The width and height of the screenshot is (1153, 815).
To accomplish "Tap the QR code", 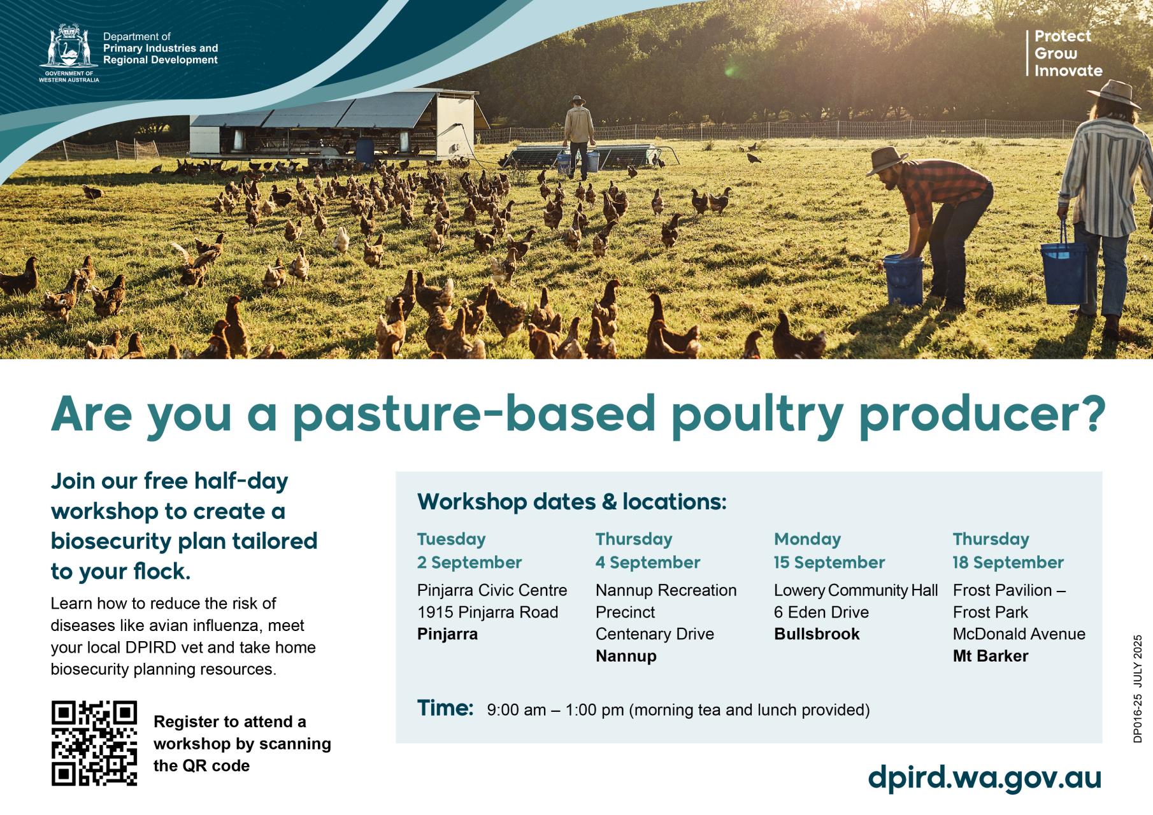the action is click(94, 743).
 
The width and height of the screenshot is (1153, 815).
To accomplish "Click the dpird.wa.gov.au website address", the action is click(984, 778).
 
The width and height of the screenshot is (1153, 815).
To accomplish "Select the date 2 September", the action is click(469, 563).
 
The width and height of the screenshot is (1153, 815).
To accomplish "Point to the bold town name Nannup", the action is click(626, 656).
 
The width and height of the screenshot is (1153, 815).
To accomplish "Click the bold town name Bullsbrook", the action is click(817, 634).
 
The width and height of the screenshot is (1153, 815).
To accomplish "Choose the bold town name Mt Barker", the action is click(991, 656).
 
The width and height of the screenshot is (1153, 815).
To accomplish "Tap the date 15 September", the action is click(829, 563).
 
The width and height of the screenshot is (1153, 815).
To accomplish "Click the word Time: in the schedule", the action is click(445, 708).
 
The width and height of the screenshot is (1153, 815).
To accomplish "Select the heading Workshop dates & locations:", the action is click(572, 502).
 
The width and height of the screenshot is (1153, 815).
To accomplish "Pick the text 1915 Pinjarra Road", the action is click(487, 613).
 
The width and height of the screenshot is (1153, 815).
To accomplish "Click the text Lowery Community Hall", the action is click(856, 591).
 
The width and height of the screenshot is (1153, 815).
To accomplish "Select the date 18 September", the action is click(1008, 563).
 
